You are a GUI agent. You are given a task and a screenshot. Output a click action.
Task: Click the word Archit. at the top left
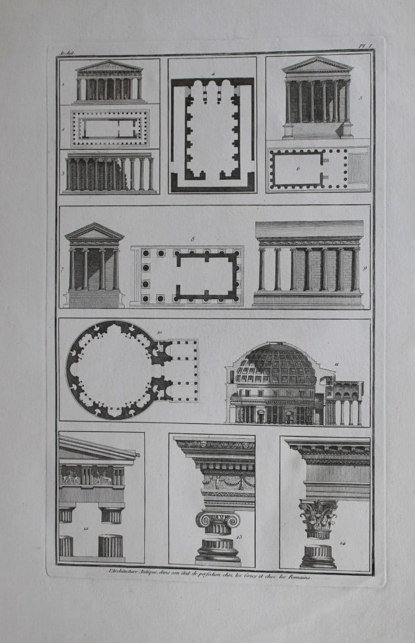click(65, 53)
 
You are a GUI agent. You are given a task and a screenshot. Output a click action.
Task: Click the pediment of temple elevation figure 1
click(109, 66)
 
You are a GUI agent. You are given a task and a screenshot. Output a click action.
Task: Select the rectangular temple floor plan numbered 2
click(110, 127)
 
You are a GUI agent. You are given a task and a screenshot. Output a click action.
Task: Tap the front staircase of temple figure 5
click(317, 130)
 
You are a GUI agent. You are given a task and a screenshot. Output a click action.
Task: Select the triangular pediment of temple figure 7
click(94, 232)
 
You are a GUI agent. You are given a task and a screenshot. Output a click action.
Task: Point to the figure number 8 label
click(193, 239)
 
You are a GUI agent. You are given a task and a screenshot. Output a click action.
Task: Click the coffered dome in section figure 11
click(276, 363)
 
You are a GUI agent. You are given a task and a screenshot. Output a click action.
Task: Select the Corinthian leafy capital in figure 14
click(318, 516)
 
